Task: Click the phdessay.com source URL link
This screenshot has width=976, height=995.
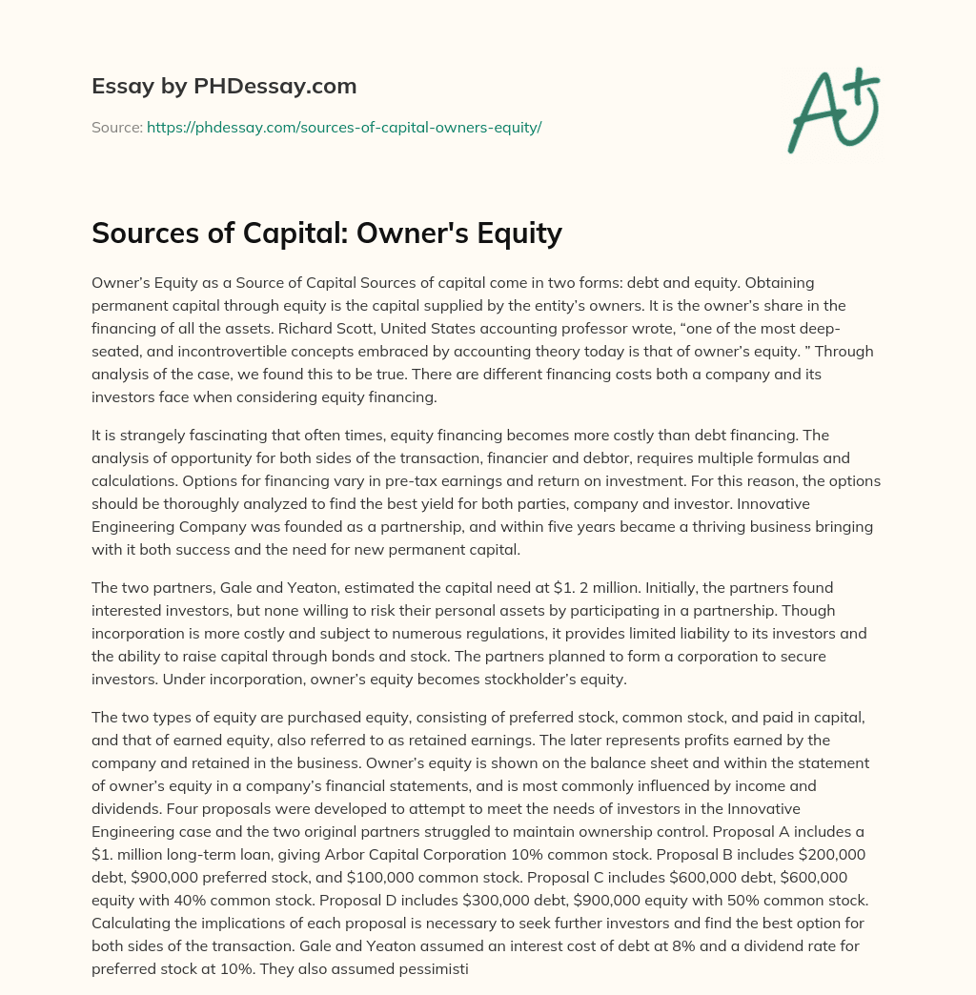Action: click(x=344, y=127)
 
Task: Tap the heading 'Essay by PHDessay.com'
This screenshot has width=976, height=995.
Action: click(x=224, y=87)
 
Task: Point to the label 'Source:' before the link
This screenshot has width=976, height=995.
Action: click(x=116, y=127)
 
